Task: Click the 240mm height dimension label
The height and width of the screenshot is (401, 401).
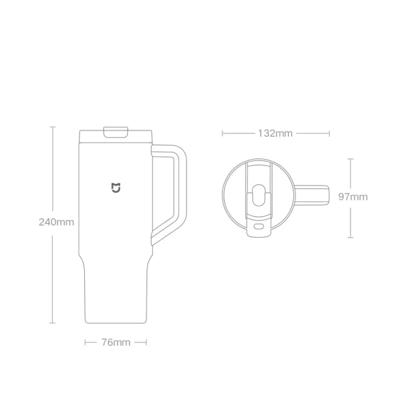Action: point(56,222)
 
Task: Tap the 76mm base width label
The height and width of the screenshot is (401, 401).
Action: point(116,342)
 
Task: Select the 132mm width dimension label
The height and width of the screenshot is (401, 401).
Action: point(275,133)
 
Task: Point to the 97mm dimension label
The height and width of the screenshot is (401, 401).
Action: point(353,196)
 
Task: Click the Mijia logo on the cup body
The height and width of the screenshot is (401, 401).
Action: point(116,188)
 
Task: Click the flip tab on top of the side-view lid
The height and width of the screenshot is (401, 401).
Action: point(116,132)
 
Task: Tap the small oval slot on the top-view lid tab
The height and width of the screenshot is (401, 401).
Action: point(258,227)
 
